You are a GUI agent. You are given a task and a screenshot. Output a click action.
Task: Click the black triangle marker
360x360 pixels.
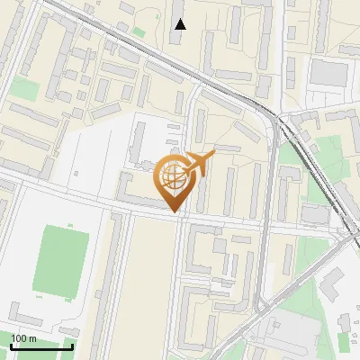pos(180,23)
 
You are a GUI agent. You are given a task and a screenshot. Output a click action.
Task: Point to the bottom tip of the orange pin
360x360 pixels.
pos(175,211)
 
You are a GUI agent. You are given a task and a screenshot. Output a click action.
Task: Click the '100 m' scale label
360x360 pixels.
pos(23,337)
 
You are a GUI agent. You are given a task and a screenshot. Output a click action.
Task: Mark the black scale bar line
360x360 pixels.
pos(41,346)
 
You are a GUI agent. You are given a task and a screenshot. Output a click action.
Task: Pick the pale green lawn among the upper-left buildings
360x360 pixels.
pos(26,88)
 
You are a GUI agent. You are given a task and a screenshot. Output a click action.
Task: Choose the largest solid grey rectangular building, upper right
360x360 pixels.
pos(330,72)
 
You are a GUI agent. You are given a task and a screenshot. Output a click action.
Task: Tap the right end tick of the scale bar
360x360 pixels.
pos(72,345)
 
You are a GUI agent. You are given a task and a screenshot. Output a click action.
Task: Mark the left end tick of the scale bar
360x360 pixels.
pos(11,345)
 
